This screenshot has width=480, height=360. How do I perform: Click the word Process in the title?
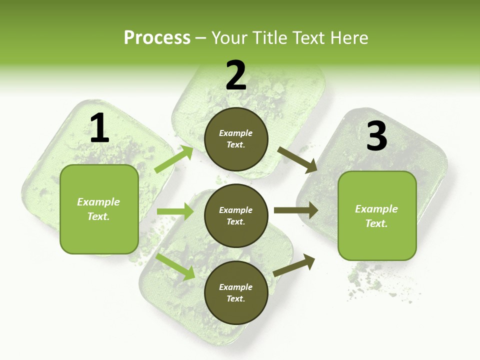pos(157,37)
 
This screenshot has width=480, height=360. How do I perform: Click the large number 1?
pos(99,128)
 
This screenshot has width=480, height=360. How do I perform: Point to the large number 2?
pos(236,75)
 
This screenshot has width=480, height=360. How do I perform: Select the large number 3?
pos(376,136)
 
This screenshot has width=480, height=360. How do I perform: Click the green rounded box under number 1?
pos(99,209)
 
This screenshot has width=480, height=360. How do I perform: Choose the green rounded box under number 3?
pos(377,215)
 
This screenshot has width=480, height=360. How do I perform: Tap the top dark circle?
pos(236,139)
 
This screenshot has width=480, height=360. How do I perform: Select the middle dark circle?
pos(236,215)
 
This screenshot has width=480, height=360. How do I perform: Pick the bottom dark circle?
pos(236,292)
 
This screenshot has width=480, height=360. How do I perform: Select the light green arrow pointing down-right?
pos(175,266)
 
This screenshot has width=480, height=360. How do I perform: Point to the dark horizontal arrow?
pos(295,210)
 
